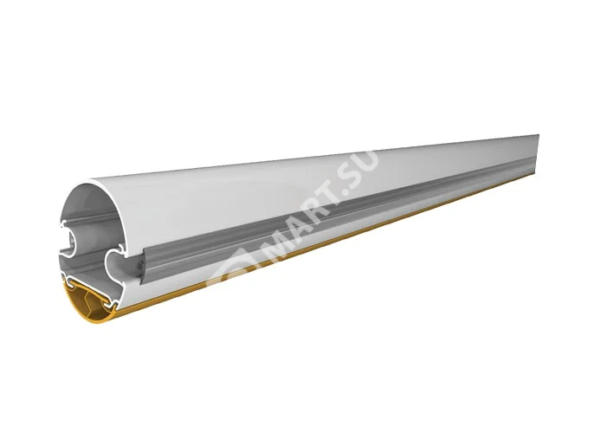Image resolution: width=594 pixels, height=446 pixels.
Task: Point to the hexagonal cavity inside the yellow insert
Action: [x=90, y=299]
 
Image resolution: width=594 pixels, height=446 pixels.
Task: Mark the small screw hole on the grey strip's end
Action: [x=139, y=256]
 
